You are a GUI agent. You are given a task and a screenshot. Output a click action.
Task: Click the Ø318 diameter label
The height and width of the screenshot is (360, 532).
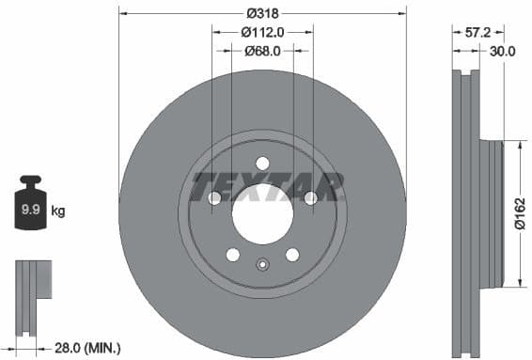pos(262,13)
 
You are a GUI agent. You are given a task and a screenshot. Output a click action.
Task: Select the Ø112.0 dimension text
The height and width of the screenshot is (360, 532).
pos(262,32)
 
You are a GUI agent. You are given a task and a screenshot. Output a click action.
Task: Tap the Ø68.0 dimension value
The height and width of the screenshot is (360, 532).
pos(262,51)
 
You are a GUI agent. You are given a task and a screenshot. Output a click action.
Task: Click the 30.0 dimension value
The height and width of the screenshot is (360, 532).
pos(503,53)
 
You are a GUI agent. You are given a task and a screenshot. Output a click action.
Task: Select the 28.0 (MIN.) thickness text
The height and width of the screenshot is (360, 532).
pos(86,348)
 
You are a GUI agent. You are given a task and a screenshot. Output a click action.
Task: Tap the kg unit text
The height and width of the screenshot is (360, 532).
pos(58,211)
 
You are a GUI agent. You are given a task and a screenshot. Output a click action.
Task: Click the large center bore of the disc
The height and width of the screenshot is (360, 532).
pos(262,208)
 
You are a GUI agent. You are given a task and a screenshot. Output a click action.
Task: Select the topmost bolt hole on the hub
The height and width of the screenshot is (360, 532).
pos(262,163)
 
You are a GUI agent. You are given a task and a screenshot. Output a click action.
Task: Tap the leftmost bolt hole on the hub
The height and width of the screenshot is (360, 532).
pos(215,197)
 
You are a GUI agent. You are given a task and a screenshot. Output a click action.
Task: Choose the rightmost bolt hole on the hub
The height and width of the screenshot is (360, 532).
pos(309,197)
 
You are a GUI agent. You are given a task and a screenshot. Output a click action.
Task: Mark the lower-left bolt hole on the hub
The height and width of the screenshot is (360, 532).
pos(233,254)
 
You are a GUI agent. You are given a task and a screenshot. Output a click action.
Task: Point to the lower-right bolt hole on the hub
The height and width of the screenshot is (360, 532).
pos(292,254)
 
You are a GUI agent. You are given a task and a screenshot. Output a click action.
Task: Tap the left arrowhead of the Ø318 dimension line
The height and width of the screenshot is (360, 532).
pos(123,13)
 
